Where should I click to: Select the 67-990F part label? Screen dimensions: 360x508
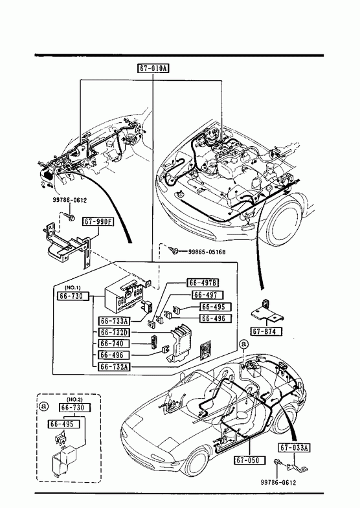98,221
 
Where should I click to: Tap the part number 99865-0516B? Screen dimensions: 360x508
207,252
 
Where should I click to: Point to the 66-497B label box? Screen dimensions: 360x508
203,283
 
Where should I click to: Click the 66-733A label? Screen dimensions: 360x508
114,321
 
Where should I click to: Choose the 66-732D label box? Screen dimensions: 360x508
114,333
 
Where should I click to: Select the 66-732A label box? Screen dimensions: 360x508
114,366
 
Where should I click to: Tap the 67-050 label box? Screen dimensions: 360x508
249,460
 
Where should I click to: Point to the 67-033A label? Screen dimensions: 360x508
294,448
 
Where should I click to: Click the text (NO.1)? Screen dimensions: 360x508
73,288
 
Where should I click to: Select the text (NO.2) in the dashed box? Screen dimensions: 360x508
74,399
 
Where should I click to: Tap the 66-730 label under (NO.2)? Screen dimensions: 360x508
75,408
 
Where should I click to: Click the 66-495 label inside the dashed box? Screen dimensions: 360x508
63,424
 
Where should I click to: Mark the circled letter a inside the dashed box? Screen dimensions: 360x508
43,406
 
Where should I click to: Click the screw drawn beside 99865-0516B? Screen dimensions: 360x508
174,250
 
